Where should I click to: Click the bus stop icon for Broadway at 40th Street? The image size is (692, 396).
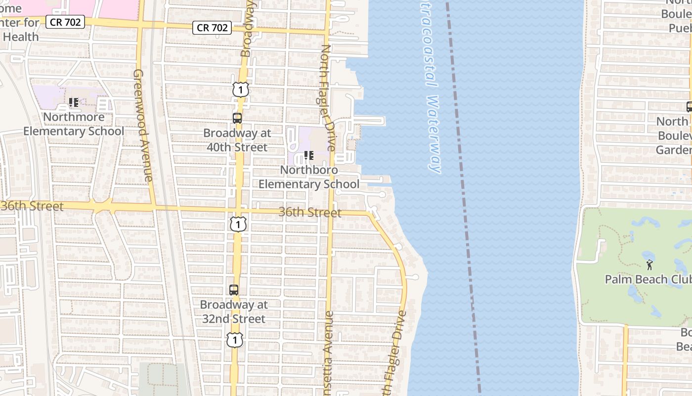tap(237, 118)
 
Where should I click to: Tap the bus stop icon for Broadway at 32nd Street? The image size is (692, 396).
tap(234, 290)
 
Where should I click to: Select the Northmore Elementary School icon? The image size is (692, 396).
tap(74, 102)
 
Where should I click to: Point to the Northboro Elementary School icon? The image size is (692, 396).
tap(309, 155)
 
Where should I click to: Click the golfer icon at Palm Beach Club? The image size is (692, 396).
tap(649, 265)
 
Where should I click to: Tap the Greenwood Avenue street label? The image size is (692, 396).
tap(142, 125)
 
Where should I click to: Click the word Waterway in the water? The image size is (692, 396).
tap(433, 134)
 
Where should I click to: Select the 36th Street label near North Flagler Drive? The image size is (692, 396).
tap(310, 212)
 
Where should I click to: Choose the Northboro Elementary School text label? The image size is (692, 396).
tap(309, 177)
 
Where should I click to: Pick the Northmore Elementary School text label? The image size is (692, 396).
tap(74, 124)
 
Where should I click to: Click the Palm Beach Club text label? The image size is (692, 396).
tap(648, 279)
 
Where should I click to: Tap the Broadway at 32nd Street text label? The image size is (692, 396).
tap(234, 312)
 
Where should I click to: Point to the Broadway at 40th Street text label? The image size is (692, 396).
tap(237, 140)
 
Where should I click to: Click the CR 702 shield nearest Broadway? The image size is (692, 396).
tap(212, 28)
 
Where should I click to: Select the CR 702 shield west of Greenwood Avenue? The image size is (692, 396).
tap(65, 22)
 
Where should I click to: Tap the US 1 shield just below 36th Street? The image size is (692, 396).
tap(238, 224)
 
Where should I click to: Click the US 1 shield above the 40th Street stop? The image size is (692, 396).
tap(240, 90)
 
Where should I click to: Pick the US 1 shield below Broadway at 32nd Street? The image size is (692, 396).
tap(235, 340)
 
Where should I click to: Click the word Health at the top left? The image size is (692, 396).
tap(21, 37)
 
